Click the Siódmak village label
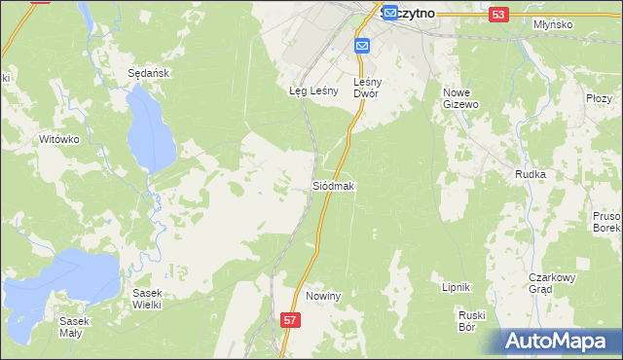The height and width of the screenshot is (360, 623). pyautogui.click(x=333, y=185)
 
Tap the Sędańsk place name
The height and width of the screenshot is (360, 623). pyautogui.click(x=144, y=73)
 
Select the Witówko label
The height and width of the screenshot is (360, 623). pyautogui.click(x=57, y=139)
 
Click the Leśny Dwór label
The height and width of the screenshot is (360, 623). pyautogui.click(x=372, y=89)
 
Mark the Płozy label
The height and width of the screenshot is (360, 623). pyautogui.click(x=599, y=98)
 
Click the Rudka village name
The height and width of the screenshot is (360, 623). pyautogui.click(x=530, y=174)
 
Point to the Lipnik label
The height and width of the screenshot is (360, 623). pyautogui.click(x=457, y=287)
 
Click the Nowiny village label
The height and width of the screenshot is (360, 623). pyautogui.click(x=322, y=296)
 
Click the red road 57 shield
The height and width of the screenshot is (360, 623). pyautogui.click(x=290, y=319)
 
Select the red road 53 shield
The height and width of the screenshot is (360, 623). pyautogui.click(x=498, y=15)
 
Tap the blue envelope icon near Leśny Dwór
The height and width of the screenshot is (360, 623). pyautogui.click(x=362, y=46)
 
